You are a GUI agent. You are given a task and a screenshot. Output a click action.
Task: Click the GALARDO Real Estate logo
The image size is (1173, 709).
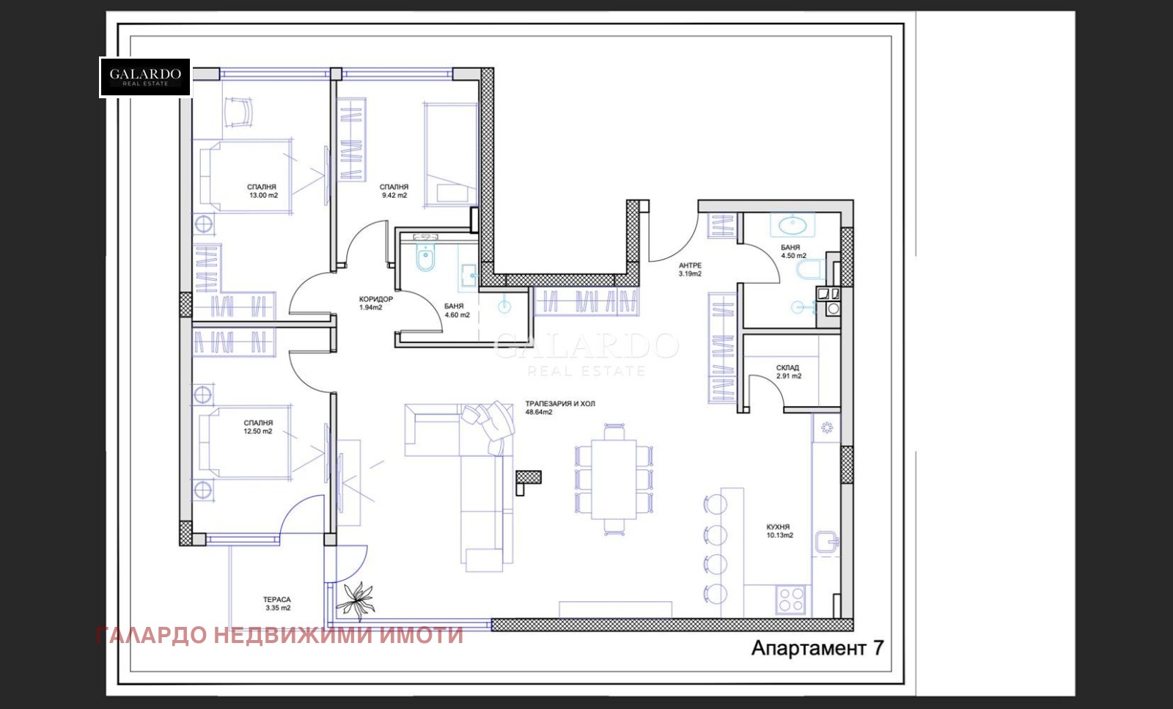click(x=145, y=77)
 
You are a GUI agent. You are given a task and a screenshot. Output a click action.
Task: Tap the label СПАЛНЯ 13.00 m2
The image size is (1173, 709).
click(x=262, y=191)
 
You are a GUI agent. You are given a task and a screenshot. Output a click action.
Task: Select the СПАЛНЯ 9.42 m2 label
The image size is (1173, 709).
click(x=394, y=191)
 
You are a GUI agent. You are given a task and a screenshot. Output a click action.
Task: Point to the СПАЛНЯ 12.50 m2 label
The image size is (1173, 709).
click(x=258, y=427)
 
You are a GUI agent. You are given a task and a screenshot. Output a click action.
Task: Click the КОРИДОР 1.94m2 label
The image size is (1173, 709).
click(x=375, y=304)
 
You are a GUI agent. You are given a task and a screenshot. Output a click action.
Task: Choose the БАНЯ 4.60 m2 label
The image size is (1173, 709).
click(x=456, y=311)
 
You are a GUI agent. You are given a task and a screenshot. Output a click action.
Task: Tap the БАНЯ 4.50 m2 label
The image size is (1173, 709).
click(x=793, y=252)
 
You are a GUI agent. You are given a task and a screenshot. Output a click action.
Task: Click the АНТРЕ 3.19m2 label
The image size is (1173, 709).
click(x=690, y=270)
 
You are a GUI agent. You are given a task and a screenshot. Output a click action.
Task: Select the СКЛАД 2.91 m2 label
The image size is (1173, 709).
click(x=788, y=372)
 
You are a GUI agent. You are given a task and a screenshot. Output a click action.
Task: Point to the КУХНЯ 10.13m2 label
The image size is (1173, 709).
click(x=779, y=532)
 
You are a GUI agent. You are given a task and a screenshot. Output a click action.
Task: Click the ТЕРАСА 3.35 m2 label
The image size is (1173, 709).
click(x=278, y=603)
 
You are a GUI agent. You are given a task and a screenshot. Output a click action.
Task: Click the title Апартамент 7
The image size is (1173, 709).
click(x=817, y=648)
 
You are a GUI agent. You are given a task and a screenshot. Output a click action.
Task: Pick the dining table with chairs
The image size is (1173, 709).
click(x=614, y=479)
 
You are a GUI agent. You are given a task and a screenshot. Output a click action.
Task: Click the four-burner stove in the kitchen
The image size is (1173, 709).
click(x=791, y=599)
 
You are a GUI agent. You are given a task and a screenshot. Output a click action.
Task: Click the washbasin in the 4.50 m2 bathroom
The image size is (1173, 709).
click(x=792, y=224)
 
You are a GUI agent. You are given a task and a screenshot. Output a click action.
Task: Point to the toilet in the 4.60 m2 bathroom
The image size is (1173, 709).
click(x=425, y=259)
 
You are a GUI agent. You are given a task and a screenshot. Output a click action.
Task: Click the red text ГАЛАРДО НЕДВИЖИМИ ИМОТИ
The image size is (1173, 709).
click(x=279, y=635)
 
